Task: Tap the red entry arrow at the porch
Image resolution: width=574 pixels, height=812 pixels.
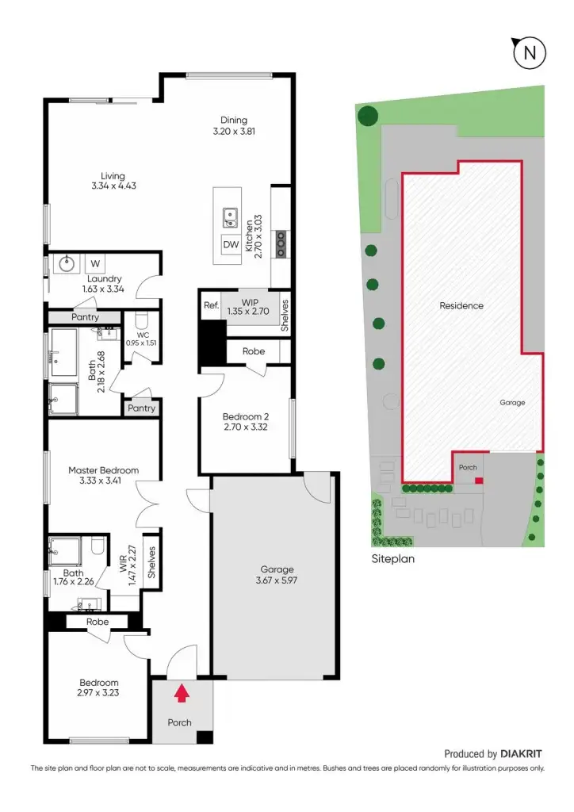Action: pyautogui.click(x=182, y=694)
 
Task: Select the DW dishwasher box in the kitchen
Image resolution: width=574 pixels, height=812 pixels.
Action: pyautogui.click(x=231, y=245)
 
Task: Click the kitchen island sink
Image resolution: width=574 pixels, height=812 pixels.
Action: pyautogui.click(x=231, y=215)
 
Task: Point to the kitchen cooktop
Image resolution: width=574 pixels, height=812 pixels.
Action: pyautogui.click(x=281, y=243)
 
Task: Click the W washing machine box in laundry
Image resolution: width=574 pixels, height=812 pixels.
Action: pyautogui.click(x=95, y=263)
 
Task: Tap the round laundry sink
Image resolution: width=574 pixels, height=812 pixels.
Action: pyautogui.click(x=65, y=263)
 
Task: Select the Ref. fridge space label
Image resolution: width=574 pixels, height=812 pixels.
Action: pyautogui.click(x=211, y=305)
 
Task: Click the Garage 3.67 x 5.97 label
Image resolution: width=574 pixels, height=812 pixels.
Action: pyautogui.click(x=277, y=575)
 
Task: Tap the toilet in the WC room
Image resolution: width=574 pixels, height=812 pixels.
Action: pyautogui.click(x=142, y=321)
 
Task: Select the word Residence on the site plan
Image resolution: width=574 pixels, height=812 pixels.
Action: pyautogui.click(x=461, y=305)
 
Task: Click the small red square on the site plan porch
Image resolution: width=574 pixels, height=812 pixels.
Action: pyautogui.click(x=478, y=480)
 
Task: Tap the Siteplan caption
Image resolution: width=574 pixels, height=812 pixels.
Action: pyautogui.click(x=392, y=558)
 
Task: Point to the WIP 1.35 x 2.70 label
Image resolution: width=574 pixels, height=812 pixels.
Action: pyautogui.click(x=250, y=306)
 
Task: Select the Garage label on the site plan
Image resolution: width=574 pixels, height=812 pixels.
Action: pyautogui.click(x=511, y=403)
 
